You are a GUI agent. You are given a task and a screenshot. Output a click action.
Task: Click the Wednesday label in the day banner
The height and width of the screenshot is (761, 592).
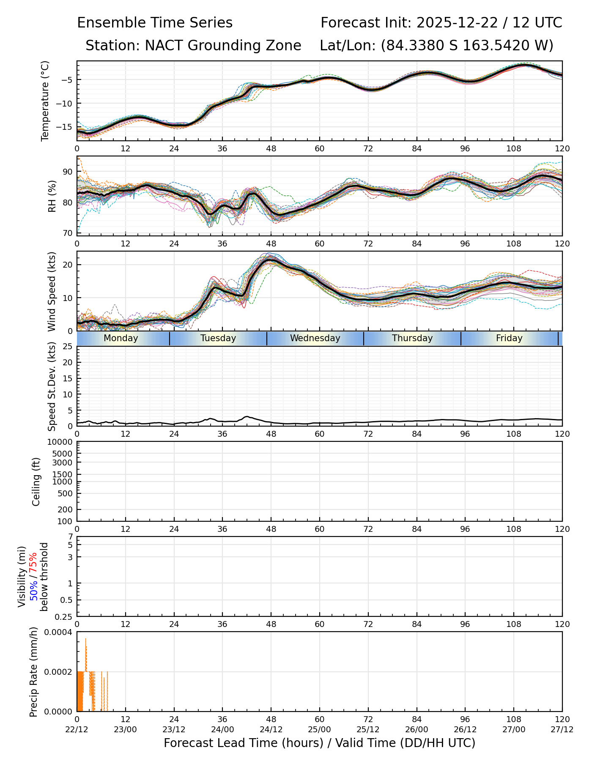pos(315,338)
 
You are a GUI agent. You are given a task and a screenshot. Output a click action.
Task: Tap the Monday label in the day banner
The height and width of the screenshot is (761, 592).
pos(121,338)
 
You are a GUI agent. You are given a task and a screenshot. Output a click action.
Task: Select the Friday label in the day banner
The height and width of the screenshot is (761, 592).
pos(509,338)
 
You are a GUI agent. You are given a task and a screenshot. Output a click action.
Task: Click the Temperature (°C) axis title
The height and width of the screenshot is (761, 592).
pos(45,101)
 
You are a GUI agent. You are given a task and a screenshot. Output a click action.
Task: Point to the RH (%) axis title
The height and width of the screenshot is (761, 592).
pos(52,196)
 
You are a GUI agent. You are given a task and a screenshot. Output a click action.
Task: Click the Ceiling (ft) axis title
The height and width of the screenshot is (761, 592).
pos(36,482)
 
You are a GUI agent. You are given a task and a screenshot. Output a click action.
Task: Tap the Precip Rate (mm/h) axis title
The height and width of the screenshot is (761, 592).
pos(34,672)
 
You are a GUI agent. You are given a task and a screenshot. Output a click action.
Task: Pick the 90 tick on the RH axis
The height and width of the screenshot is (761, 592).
pos(68,172)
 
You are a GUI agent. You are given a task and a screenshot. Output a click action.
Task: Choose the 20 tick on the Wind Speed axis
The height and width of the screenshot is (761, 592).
pos(68,265)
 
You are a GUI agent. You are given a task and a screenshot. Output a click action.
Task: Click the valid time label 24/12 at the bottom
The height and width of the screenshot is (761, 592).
pos(271,729)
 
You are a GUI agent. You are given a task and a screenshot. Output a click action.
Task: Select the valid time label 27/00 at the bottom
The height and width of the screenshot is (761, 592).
pos(514,729)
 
